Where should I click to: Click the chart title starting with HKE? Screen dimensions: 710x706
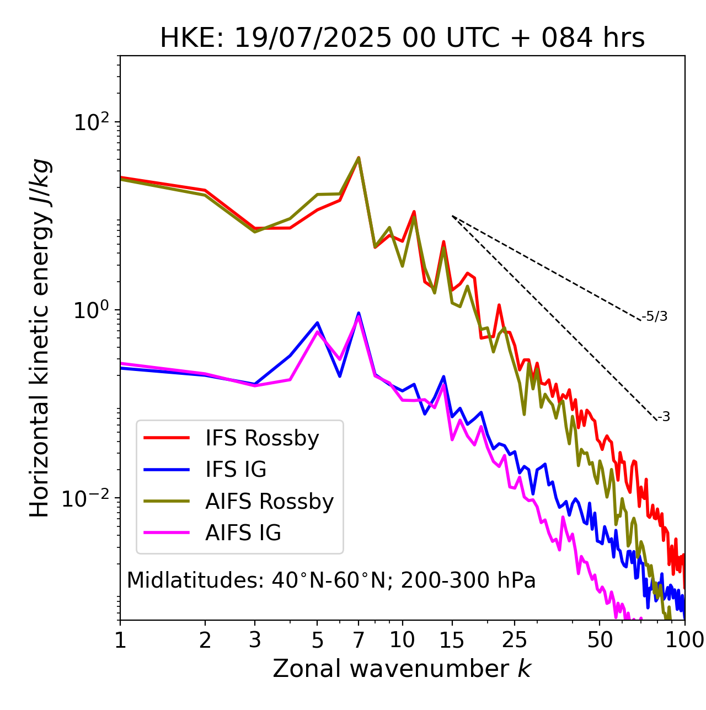coord(402,39)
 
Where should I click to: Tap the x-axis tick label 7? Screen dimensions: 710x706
coord(359,640)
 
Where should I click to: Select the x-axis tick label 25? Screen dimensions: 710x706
coord(515,640)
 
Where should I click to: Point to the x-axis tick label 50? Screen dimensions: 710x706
coord(600,640)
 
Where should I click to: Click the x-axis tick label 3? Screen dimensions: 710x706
coord(255,640)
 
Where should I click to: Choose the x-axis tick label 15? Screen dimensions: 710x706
coord(452,640)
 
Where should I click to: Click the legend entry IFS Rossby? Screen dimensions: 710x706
coord(262,438)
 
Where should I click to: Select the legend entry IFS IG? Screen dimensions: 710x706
coord(236,470)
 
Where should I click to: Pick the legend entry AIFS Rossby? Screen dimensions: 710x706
coord(269,502)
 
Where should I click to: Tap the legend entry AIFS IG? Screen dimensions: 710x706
coord(243,533)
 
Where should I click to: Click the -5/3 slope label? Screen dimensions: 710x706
coord(655,316)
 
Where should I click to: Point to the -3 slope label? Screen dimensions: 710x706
coord(664,417)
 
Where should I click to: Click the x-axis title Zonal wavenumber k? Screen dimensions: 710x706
coord(402,669)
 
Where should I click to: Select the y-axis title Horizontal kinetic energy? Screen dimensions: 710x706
coord(40,338)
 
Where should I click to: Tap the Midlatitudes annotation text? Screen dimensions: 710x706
coord(331,580)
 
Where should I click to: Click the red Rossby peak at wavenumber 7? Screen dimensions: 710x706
coord(359,158)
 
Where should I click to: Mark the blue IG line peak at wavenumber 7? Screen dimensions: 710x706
coord(359,313)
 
